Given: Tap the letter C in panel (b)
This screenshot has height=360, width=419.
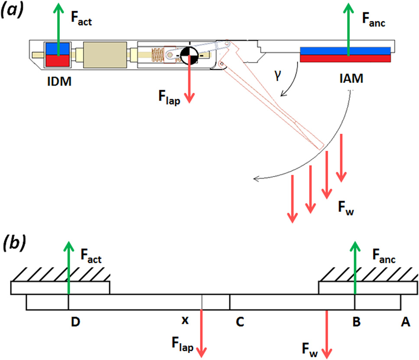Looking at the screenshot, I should tap(240, 321).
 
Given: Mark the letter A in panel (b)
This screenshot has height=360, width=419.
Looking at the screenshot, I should tap(406, 321).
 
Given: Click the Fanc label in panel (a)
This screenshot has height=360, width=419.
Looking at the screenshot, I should tap(374, 19).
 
